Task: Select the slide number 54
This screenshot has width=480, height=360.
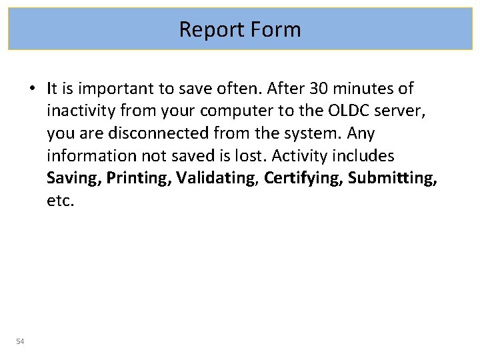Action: coord(20,342)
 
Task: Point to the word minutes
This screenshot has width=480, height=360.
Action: coord(366,88)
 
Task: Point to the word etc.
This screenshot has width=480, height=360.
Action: coord(60,201)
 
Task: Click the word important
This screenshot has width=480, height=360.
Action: coord(108,88)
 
